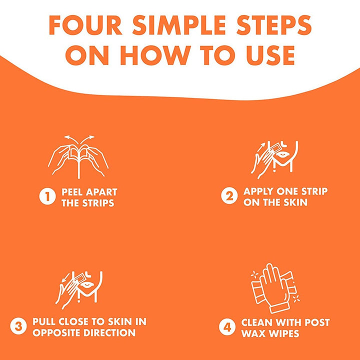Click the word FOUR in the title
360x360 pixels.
point(85,25)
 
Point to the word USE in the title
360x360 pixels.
point(270,55)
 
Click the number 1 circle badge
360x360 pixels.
point(47,196)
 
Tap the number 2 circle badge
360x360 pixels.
point(229,196)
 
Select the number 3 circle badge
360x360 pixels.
point(18,326)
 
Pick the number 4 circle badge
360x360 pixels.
point(227,327)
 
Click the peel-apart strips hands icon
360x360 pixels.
point(78,157)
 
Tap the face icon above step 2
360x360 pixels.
point(274,160)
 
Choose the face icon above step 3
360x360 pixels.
point(79,290)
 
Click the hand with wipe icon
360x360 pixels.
point(275,288)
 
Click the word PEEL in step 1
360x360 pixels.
point(72,192)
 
